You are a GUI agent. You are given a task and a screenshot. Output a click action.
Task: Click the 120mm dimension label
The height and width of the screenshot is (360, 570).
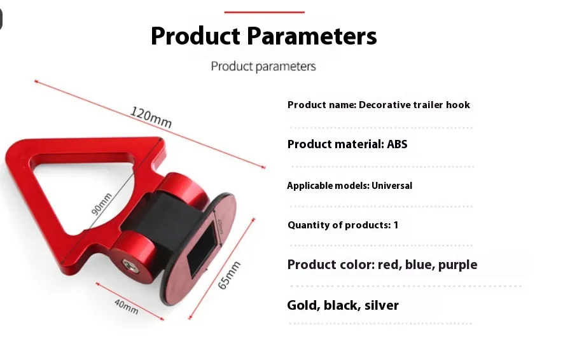(151, 117)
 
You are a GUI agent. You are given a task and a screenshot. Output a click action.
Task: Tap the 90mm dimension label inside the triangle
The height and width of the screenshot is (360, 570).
(101, 204)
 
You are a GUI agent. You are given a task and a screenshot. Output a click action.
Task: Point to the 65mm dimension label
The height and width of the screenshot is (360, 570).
(229, 275)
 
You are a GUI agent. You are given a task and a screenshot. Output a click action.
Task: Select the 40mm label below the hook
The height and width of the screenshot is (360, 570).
(126, 307)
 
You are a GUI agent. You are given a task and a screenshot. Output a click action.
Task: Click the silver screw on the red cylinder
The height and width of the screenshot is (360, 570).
(128, 265)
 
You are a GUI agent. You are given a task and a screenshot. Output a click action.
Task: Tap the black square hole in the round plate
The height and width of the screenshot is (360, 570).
(202, 249)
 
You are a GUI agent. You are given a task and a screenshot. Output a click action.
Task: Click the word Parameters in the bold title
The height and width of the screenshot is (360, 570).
(312, 36)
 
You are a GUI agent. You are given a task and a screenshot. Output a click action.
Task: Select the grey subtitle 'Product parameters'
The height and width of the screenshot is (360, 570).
(263, 66)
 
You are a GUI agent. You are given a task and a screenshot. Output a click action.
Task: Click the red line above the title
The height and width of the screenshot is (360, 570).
(264, 12)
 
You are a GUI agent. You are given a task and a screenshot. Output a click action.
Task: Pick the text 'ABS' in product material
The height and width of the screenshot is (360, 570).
(397, 144)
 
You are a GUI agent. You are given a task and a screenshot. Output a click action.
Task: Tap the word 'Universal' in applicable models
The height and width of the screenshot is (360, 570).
(392, 186)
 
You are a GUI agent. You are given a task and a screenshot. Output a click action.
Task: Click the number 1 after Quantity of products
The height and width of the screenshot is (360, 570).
(396, 225)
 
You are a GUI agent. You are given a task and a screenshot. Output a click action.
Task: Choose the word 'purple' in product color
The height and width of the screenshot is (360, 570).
(457, 265)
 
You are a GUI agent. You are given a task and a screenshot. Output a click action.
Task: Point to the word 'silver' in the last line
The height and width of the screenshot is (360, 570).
(381, 305)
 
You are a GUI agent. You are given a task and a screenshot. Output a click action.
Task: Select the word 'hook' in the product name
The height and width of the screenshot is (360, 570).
(458, 105)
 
